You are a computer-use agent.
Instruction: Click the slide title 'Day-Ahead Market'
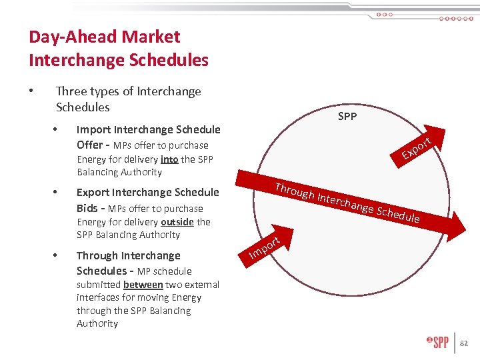pos(104,37)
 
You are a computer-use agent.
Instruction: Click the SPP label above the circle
pos(347,117)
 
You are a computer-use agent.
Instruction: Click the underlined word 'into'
pos(169,159)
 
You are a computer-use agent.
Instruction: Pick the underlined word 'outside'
pos(177,222)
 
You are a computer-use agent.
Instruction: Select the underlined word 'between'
pos(143,285)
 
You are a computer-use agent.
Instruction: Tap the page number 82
pos(464,343)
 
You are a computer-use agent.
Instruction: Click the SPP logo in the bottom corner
pos(438,343)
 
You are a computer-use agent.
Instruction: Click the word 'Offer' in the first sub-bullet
pos(90,145)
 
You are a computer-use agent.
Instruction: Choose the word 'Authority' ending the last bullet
pos(97,323)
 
